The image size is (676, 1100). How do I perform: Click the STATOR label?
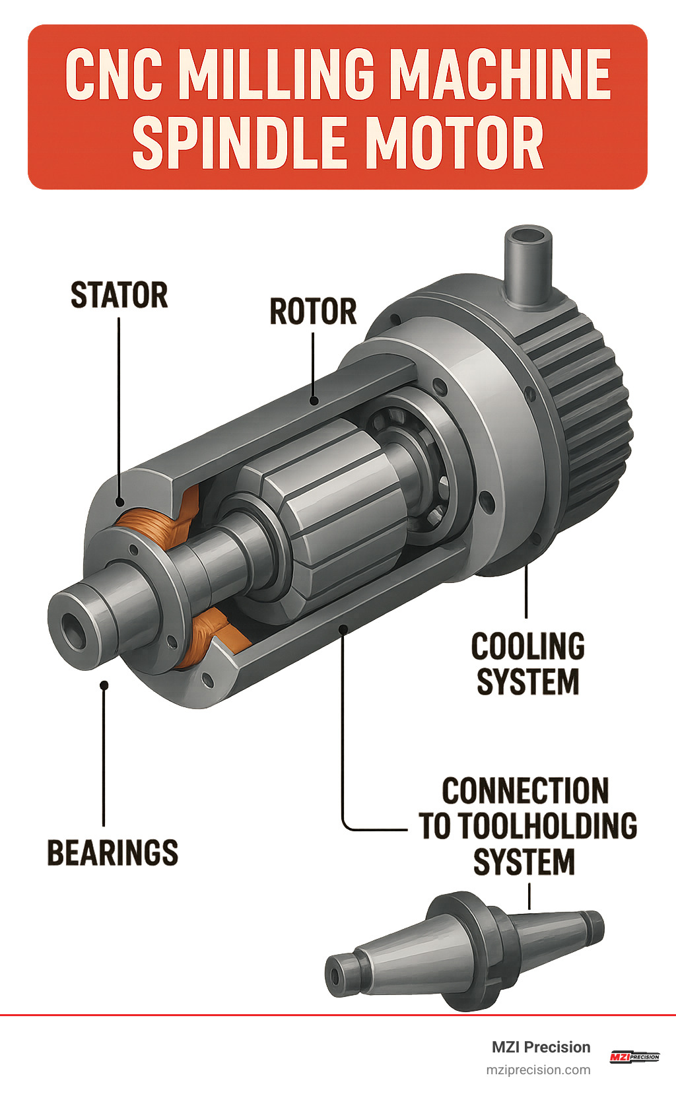click(x=119, y=295)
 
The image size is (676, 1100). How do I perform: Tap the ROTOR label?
click(x=313, y=312)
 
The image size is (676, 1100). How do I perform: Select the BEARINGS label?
click(x=113, y=852)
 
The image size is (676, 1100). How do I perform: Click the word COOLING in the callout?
click(x=527, y=646)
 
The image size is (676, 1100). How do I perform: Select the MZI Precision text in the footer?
click(x=541, y=1047)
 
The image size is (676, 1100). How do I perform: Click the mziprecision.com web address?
click(x=538, y=1070)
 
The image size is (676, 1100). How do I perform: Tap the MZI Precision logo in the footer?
click(x=634, y=1057)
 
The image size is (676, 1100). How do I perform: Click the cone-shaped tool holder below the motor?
click(x=462, y=951)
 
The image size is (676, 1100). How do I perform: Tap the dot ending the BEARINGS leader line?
click(x=104, y=685)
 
